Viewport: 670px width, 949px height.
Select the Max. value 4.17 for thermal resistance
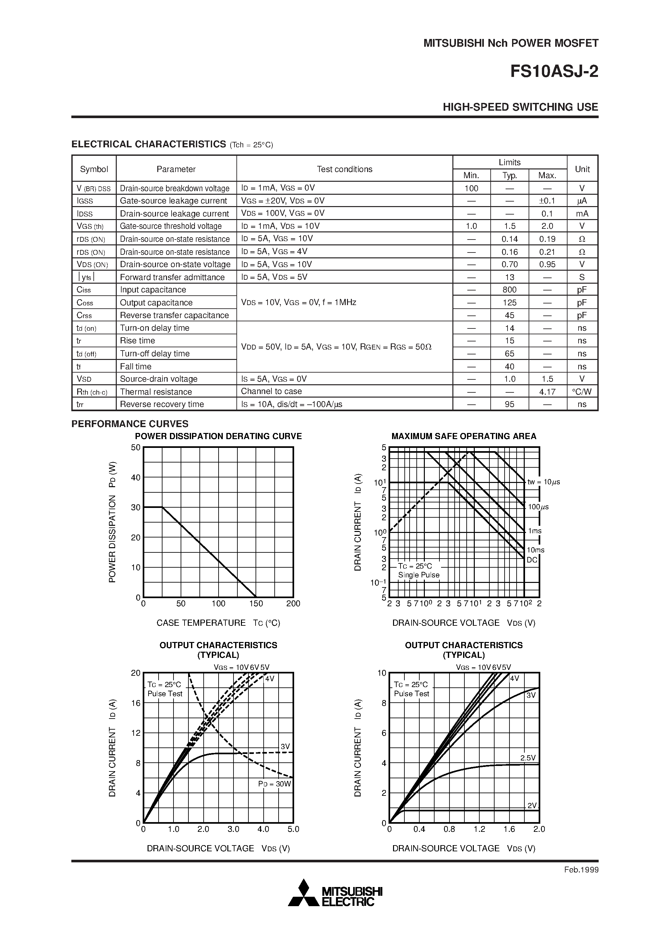pos(547,391)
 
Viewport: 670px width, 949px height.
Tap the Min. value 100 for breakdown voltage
pos(471,189)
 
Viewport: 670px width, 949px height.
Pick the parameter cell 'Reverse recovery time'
pos(162,404)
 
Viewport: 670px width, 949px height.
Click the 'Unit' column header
pos(582,169)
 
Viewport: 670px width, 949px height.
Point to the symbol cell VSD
pos(84,379)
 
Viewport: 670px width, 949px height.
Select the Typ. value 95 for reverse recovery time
pos(509,404)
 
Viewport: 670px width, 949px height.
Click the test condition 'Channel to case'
pos(271,391)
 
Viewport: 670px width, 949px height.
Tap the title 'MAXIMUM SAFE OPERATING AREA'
pos(463,436)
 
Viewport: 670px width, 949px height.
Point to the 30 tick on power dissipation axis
pos(136,508)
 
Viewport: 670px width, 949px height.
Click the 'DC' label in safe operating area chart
pos(532,560)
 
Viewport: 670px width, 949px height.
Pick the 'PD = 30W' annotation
pos(275,784)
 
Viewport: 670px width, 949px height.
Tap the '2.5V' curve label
pos(528,758)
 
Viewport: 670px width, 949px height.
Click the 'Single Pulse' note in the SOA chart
pos(418,575)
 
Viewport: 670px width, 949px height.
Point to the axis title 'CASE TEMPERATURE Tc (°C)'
pos(218,623)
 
